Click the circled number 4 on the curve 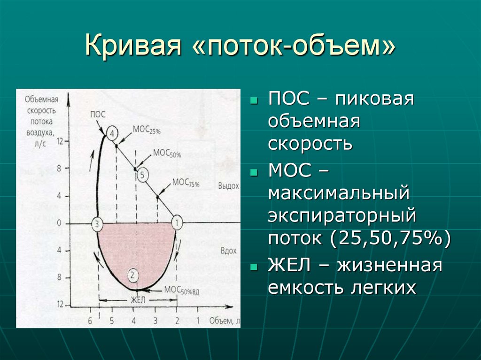112,133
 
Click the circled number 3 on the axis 96,223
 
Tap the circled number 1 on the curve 177,222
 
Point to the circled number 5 143,175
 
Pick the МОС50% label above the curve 167,153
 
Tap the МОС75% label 186,182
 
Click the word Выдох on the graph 228,186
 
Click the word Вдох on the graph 228,251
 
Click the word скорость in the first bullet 310,144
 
